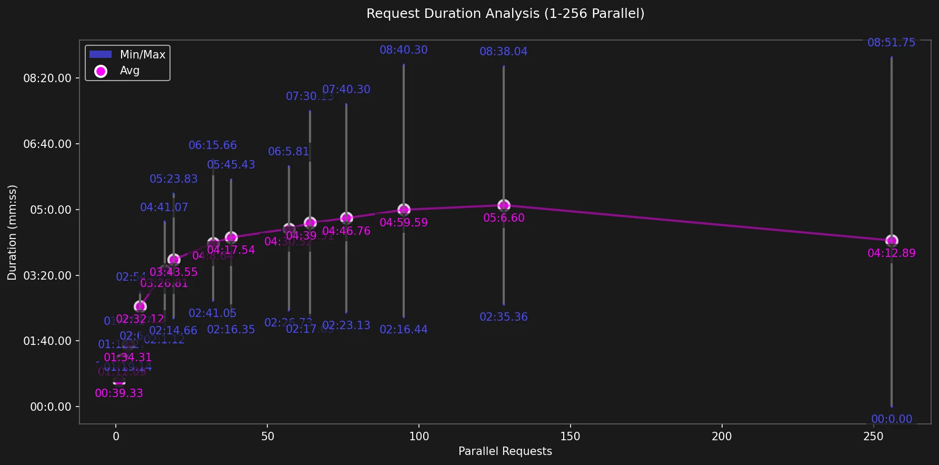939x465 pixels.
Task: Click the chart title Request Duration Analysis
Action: click(x=505, y=14)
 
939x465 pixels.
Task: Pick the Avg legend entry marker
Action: click(x=101, y=71)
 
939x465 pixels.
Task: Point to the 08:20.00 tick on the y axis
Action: click(x=47, y=78)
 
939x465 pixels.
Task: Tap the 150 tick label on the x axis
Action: click(x=570, y=436)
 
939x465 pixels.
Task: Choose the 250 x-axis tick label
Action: click(x=873, y=436)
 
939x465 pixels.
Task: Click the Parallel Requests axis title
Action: click(x=505, y=451)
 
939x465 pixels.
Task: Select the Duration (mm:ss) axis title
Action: click(x=12, y=232)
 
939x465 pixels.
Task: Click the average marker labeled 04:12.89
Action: click(x=892, y=241)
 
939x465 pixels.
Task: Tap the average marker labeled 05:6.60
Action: click(x=504, y=205)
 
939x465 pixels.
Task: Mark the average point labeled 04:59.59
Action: click(x=404, y=210)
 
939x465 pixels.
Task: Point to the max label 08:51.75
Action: click(x=891, y=43)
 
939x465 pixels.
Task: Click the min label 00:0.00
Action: click(x=891, y=419)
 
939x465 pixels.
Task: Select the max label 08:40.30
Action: click(x=404, y=50)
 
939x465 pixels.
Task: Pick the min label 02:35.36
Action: click(x=504, y=317)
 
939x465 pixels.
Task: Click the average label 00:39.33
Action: click(x=119, y=393)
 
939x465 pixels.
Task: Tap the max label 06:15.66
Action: click(x=213, y=145)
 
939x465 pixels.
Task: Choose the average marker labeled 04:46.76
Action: click(x=346, y=218)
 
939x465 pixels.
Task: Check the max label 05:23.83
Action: click(x=174, y=179)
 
